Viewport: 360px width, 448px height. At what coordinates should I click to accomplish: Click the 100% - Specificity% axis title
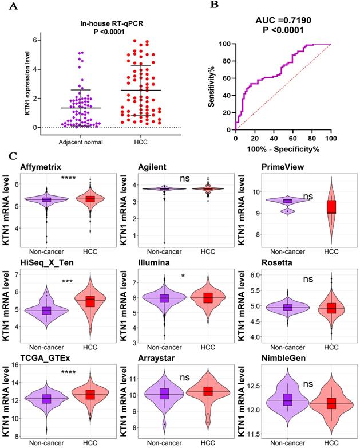[283, 149]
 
